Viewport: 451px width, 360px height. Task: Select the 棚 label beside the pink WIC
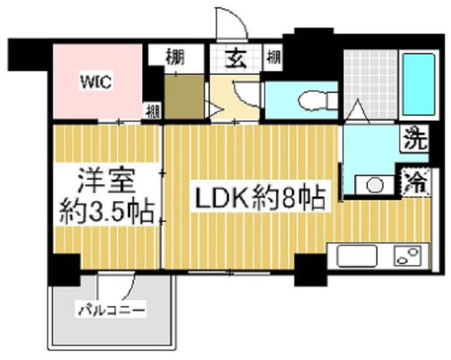152,111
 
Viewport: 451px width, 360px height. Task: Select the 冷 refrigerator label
416,182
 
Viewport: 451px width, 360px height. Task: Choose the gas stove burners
408,254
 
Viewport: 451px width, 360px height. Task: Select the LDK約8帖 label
258,199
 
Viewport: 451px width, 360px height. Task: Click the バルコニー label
111,309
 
